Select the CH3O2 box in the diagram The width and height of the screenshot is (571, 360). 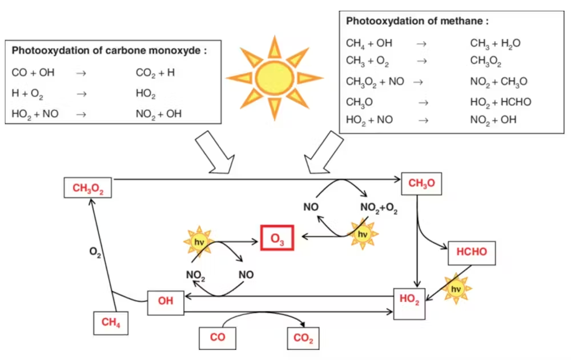point(87,188)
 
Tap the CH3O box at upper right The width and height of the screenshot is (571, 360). point(421,183)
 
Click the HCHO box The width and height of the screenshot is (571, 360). point(472,252)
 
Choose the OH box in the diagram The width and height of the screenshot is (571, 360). point(166,301)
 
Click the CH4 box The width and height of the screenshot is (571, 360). point(110,323)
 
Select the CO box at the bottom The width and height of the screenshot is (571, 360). point(217,338)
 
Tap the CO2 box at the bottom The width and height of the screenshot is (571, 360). point(303,339)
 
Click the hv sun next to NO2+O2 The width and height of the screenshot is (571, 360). point(361,234)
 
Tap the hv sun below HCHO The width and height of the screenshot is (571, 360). point(456,289)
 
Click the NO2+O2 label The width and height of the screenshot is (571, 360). point(379,208)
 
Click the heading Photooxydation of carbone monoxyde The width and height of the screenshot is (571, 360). point(108,51)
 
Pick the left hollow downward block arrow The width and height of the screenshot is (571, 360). point(215,153)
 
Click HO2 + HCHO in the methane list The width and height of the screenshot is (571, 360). point(500,102)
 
